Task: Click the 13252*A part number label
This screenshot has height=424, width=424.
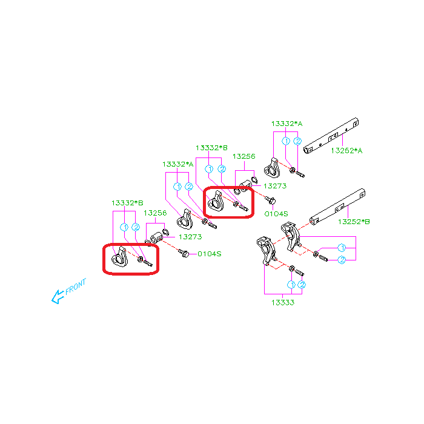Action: (x=346, y=151)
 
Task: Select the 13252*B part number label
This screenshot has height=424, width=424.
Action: (x=354, y=222)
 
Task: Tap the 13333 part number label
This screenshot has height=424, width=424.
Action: (x=283, y=302)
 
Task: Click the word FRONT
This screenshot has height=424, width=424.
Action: (x=76, y=286)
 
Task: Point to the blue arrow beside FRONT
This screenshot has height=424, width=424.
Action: (x=58, y=297)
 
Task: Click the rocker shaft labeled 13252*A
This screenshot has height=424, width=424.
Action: (x=331, y=136)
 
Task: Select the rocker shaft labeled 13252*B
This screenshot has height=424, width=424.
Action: (x=337, y=207)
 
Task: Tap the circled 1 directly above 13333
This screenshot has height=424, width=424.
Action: (x=291, y=285)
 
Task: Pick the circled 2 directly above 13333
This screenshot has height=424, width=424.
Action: (x=302, y=285)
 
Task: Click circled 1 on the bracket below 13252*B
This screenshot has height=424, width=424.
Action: (x=342, y=248)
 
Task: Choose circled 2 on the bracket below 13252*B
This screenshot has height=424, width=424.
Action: (x=342, y=260)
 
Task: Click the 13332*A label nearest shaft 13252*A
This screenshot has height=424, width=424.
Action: (x=287, y=124)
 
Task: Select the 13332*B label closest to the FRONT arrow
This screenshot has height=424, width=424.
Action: (x=127, y=203)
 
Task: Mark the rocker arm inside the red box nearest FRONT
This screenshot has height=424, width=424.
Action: (x=119, y=257)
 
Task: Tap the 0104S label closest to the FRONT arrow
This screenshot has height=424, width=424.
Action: (x=210, y=254)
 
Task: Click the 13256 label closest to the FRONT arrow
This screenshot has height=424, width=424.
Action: (x=155, y=213)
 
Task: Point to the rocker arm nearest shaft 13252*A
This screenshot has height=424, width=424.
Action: (x=272, y=168)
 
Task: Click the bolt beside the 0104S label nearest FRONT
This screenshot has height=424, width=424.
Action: (x=184, y=253)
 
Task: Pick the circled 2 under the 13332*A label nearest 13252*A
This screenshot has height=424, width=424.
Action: (x=297, y=141)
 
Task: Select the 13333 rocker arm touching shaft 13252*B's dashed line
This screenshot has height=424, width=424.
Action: (x=291, y=236)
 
